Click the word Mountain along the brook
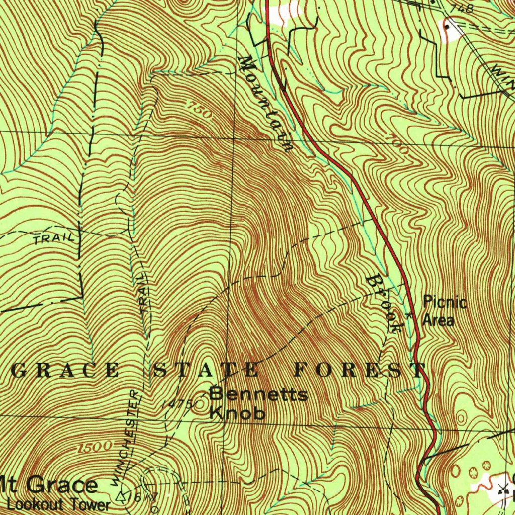[267, 104]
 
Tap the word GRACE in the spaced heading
[65, 371]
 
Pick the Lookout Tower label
[58, 504]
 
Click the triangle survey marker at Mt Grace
[121, 497]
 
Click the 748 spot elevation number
[462, 8]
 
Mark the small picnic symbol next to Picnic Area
[408, 316]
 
